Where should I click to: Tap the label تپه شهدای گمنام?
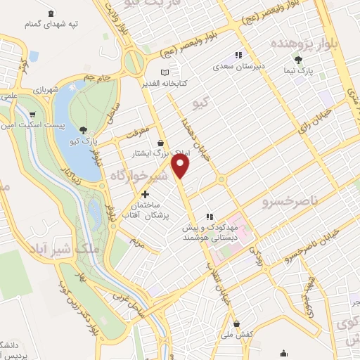[51, 24]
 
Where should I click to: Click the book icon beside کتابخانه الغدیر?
[165, 72]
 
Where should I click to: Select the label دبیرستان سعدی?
[238, 67]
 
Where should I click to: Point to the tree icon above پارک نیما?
[298, 60]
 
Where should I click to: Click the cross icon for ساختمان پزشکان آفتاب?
[145, 194]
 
